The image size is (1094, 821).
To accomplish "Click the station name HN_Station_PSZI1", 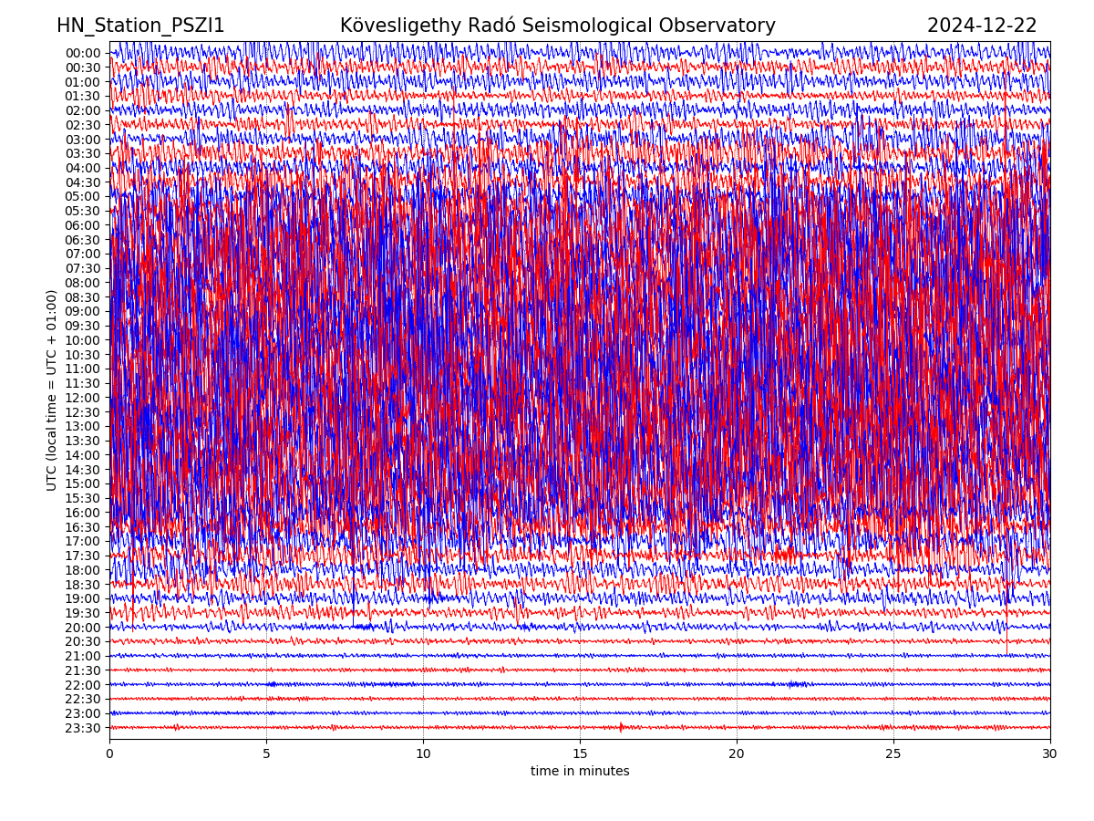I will [x=140, y=26].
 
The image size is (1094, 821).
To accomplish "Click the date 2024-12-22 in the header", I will [x=982, y=26].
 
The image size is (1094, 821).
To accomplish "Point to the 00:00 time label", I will [x=83, y=53].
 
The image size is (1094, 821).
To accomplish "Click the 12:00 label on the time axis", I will [x=83, y=398].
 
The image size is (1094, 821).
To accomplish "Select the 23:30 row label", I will [x=83, y=728].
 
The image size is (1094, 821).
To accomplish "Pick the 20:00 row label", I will [x=83, y=628].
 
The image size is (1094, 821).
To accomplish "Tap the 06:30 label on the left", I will [x=83, y=240].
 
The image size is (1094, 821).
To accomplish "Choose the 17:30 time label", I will [x=83, y=556].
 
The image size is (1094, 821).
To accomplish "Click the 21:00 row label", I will [x=83, y=656].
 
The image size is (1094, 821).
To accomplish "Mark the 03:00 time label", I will [x=83, y=140].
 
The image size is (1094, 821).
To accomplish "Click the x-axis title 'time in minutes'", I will [x=580, y=772].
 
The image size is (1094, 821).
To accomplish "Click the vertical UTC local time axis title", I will [x=53, y=390].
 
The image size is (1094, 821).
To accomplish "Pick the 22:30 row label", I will [x=83, y=699].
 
